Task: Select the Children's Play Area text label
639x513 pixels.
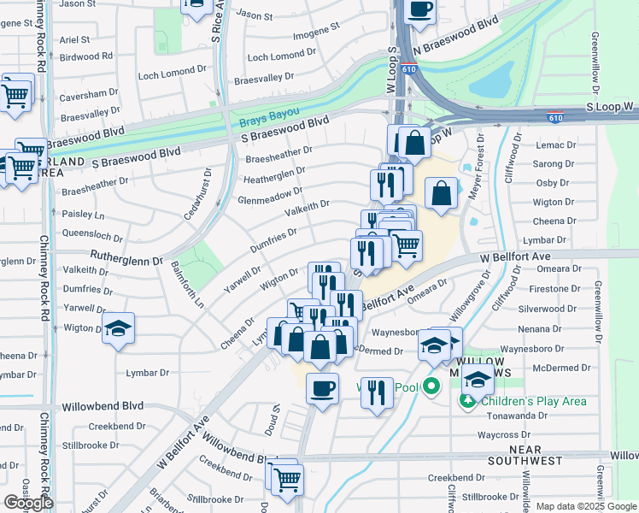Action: [533, 401]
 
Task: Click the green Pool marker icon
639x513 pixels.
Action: [431, 386]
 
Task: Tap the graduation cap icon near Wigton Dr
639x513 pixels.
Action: [118, 327]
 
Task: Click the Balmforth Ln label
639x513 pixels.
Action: [188, 285]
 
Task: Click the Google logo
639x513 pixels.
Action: [28, 503]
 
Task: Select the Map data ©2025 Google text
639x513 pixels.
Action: [586, 506]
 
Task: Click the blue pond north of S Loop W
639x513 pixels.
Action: [490, 81]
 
